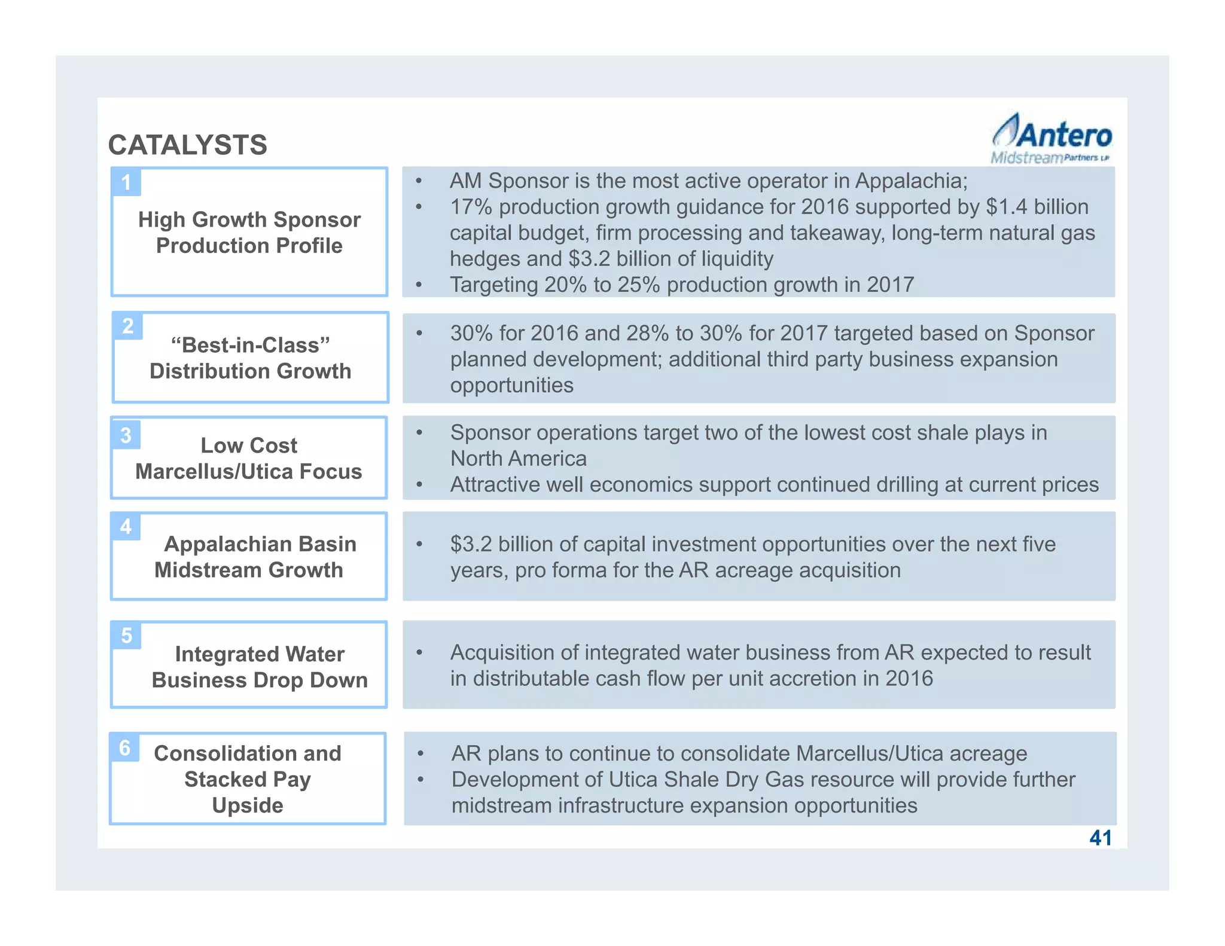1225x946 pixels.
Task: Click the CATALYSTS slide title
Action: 187,145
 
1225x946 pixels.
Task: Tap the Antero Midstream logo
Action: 1052,139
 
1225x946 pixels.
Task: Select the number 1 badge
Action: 126,182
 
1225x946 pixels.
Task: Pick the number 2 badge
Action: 127,326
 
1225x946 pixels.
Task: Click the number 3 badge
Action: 126,435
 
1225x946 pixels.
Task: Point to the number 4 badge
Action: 126,527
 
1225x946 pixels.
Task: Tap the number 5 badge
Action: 126,636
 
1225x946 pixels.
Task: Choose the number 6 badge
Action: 124,747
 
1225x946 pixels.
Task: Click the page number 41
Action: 1101,838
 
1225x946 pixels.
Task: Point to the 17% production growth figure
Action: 471,207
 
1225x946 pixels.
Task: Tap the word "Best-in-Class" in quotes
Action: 250,345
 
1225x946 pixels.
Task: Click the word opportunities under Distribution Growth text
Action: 511,385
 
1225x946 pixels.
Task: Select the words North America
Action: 518,459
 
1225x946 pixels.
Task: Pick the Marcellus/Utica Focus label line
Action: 248,471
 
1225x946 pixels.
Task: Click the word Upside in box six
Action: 248,805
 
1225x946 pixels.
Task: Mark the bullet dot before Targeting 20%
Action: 419,285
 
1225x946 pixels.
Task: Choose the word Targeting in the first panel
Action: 493,285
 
